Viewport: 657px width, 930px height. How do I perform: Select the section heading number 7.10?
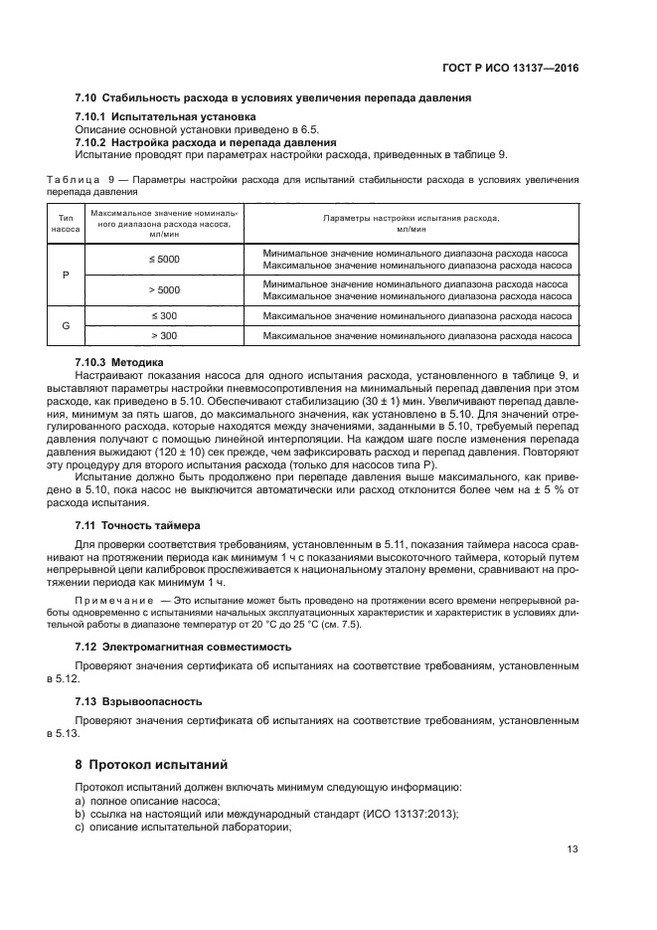tap(86, 97)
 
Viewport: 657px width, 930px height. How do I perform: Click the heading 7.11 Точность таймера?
tap(137, 524)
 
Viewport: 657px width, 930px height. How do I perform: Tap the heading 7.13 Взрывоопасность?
tap(138, 700)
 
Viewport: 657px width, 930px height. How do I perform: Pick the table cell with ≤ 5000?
tap(163, 259)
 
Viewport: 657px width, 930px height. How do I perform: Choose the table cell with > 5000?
tap(163, 289)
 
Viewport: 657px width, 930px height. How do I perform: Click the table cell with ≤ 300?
tap(163, 315)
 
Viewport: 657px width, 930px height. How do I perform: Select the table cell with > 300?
tap(163, 335)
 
